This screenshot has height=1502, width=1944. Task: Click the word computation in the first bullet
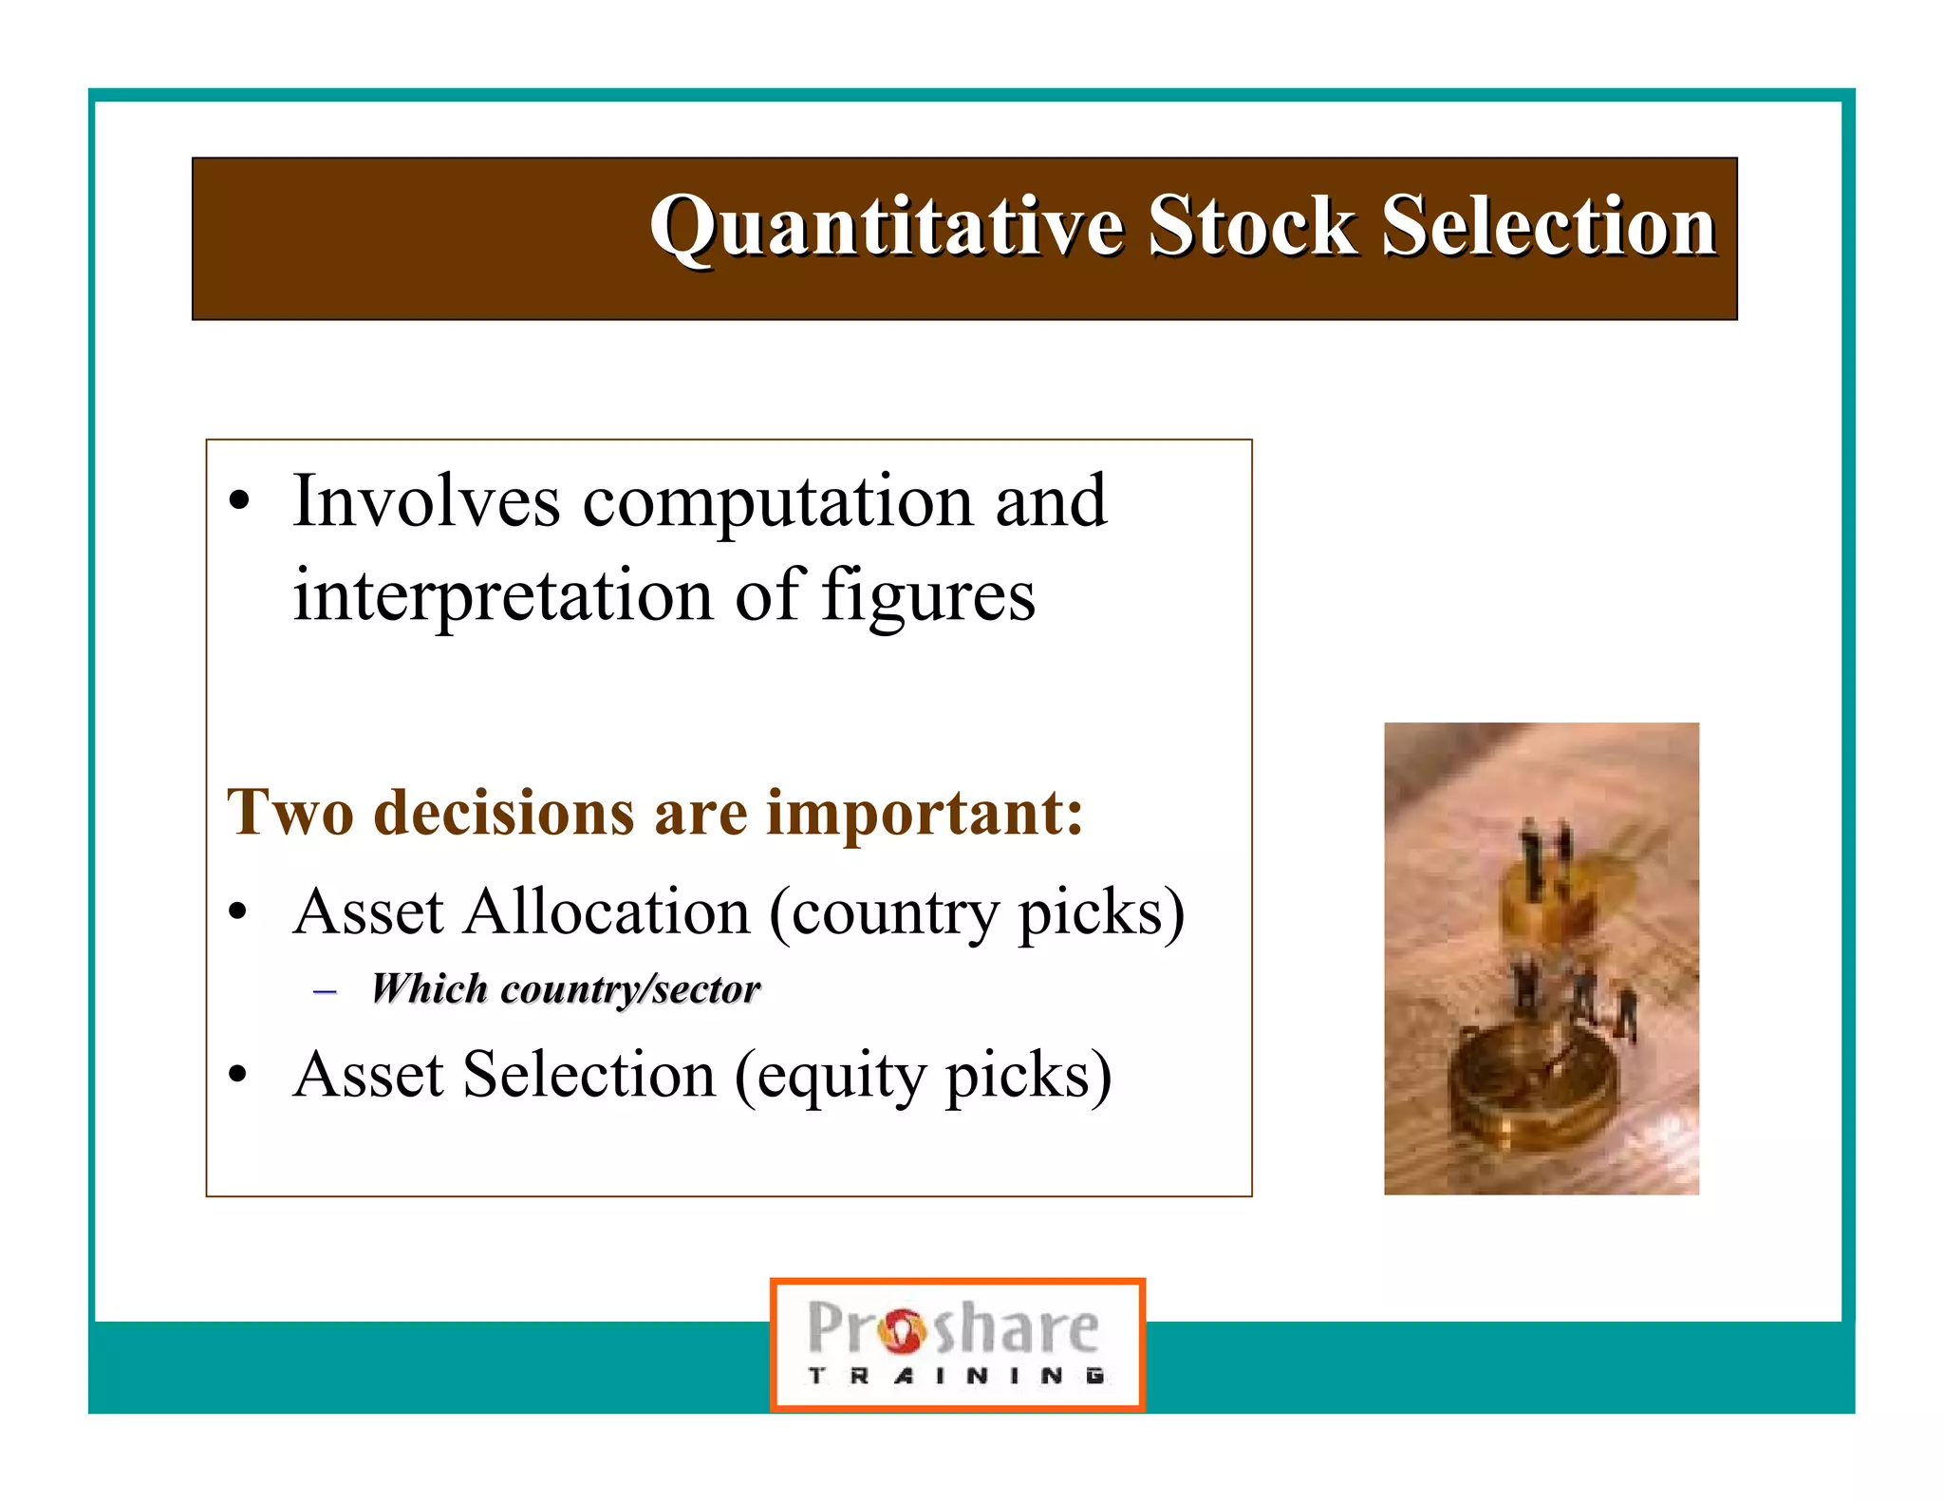(776, 503)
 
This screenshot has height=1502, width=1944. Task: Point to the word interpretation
(501, 596)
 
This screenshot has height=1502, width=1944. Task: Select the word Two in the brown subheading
(290, 814)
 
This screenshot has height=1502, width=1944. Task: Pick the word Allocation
(606, 912)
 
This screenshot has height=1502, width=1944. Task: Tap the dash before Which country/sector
(325, 992)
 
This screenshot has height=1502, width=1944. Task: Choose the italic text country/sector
(629, 990)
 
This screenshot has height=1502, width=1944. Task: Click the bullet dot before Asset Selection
(238, 1075)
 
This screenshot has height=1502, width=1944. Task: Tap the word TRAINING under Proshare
(956, 1376)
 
